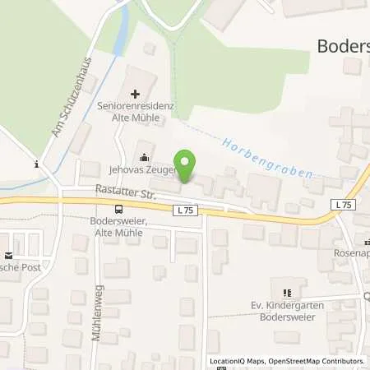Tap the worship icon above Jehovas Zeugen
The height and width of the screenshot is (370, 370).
145,158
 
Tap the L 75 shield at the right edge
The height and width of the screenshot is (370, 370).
343,204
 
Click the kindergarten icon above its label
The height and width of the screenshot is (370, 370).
287,293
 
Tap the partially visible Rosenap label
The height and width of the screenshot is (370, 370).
350,233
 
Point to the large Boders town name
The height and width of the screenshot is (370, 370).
342,46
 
